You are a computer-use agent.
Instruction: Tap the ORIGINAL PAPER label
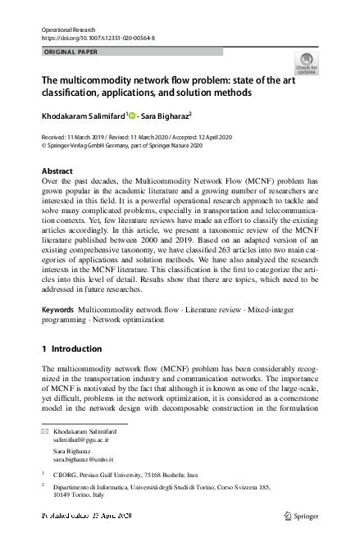coord(70,52)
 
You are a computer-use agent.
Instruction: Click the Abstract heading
coord(57,171)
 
